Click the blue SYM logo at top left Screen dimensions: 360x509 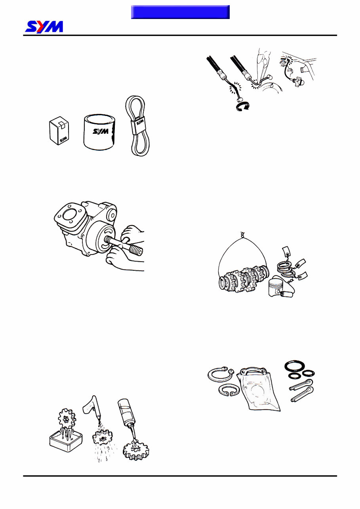click(x=44, y=27)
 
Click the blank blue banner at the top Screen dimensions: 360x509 click(x=180, y=12)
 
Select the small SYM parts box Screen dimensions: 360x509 click(x=59, y=131)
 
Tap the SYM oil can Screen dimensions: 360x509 click(x=99, y=132)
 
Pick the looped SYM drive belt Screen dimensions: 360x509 click(x=137, y=125)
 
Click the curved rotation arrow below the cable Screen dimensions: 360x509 click(x=243, y=106)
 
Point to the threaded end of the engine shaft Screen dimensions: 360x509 click(x=136, y=251)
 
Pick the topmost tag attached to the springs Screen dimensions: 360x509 click(x=286, y=252)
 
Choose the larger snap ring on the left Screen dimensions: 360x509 click(x=221, y=374)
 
